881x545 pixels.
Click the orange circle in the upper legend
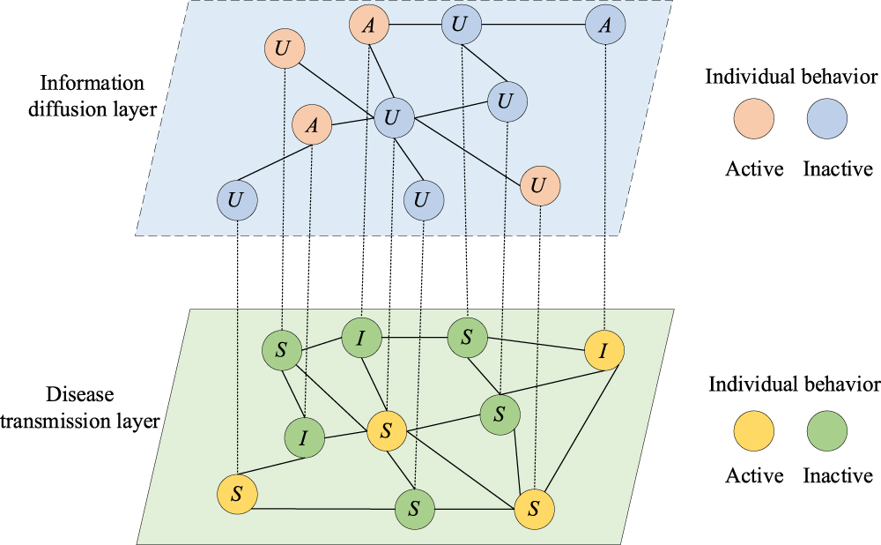(x=755, y=119)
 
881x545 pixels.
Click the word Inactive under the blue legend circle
(x=838, y=168)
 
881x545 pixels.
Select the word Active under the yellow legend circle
(x=754, y=477)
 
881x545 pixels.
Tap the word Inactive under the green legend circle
(x=838, y=477)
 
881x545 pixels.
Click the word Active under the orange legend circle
(x=754, y=168)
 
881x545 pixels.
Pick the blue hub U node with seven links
(x=394, y=117)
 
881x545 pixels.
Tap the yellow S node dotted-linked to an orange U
(x=533, y=510)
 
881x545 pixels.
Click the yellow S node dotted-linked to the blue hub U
(x=386, y=430)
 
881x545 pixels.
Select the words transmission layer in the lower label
(x=79, y=421)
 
